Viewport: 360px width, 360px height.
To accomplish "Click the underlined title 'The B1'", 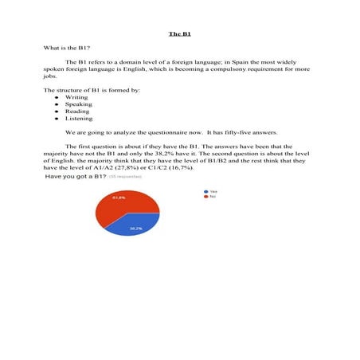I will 180,33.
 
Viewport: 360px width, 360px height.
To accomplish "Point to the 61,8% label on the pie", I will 118,198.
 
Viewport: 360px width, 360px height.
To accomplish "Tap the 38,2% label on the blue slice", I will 135,229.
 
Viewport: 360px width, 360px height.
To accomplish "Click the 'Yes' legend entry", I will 213,191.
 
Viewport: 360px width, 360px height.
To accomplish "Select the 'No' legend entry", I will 213,197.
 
